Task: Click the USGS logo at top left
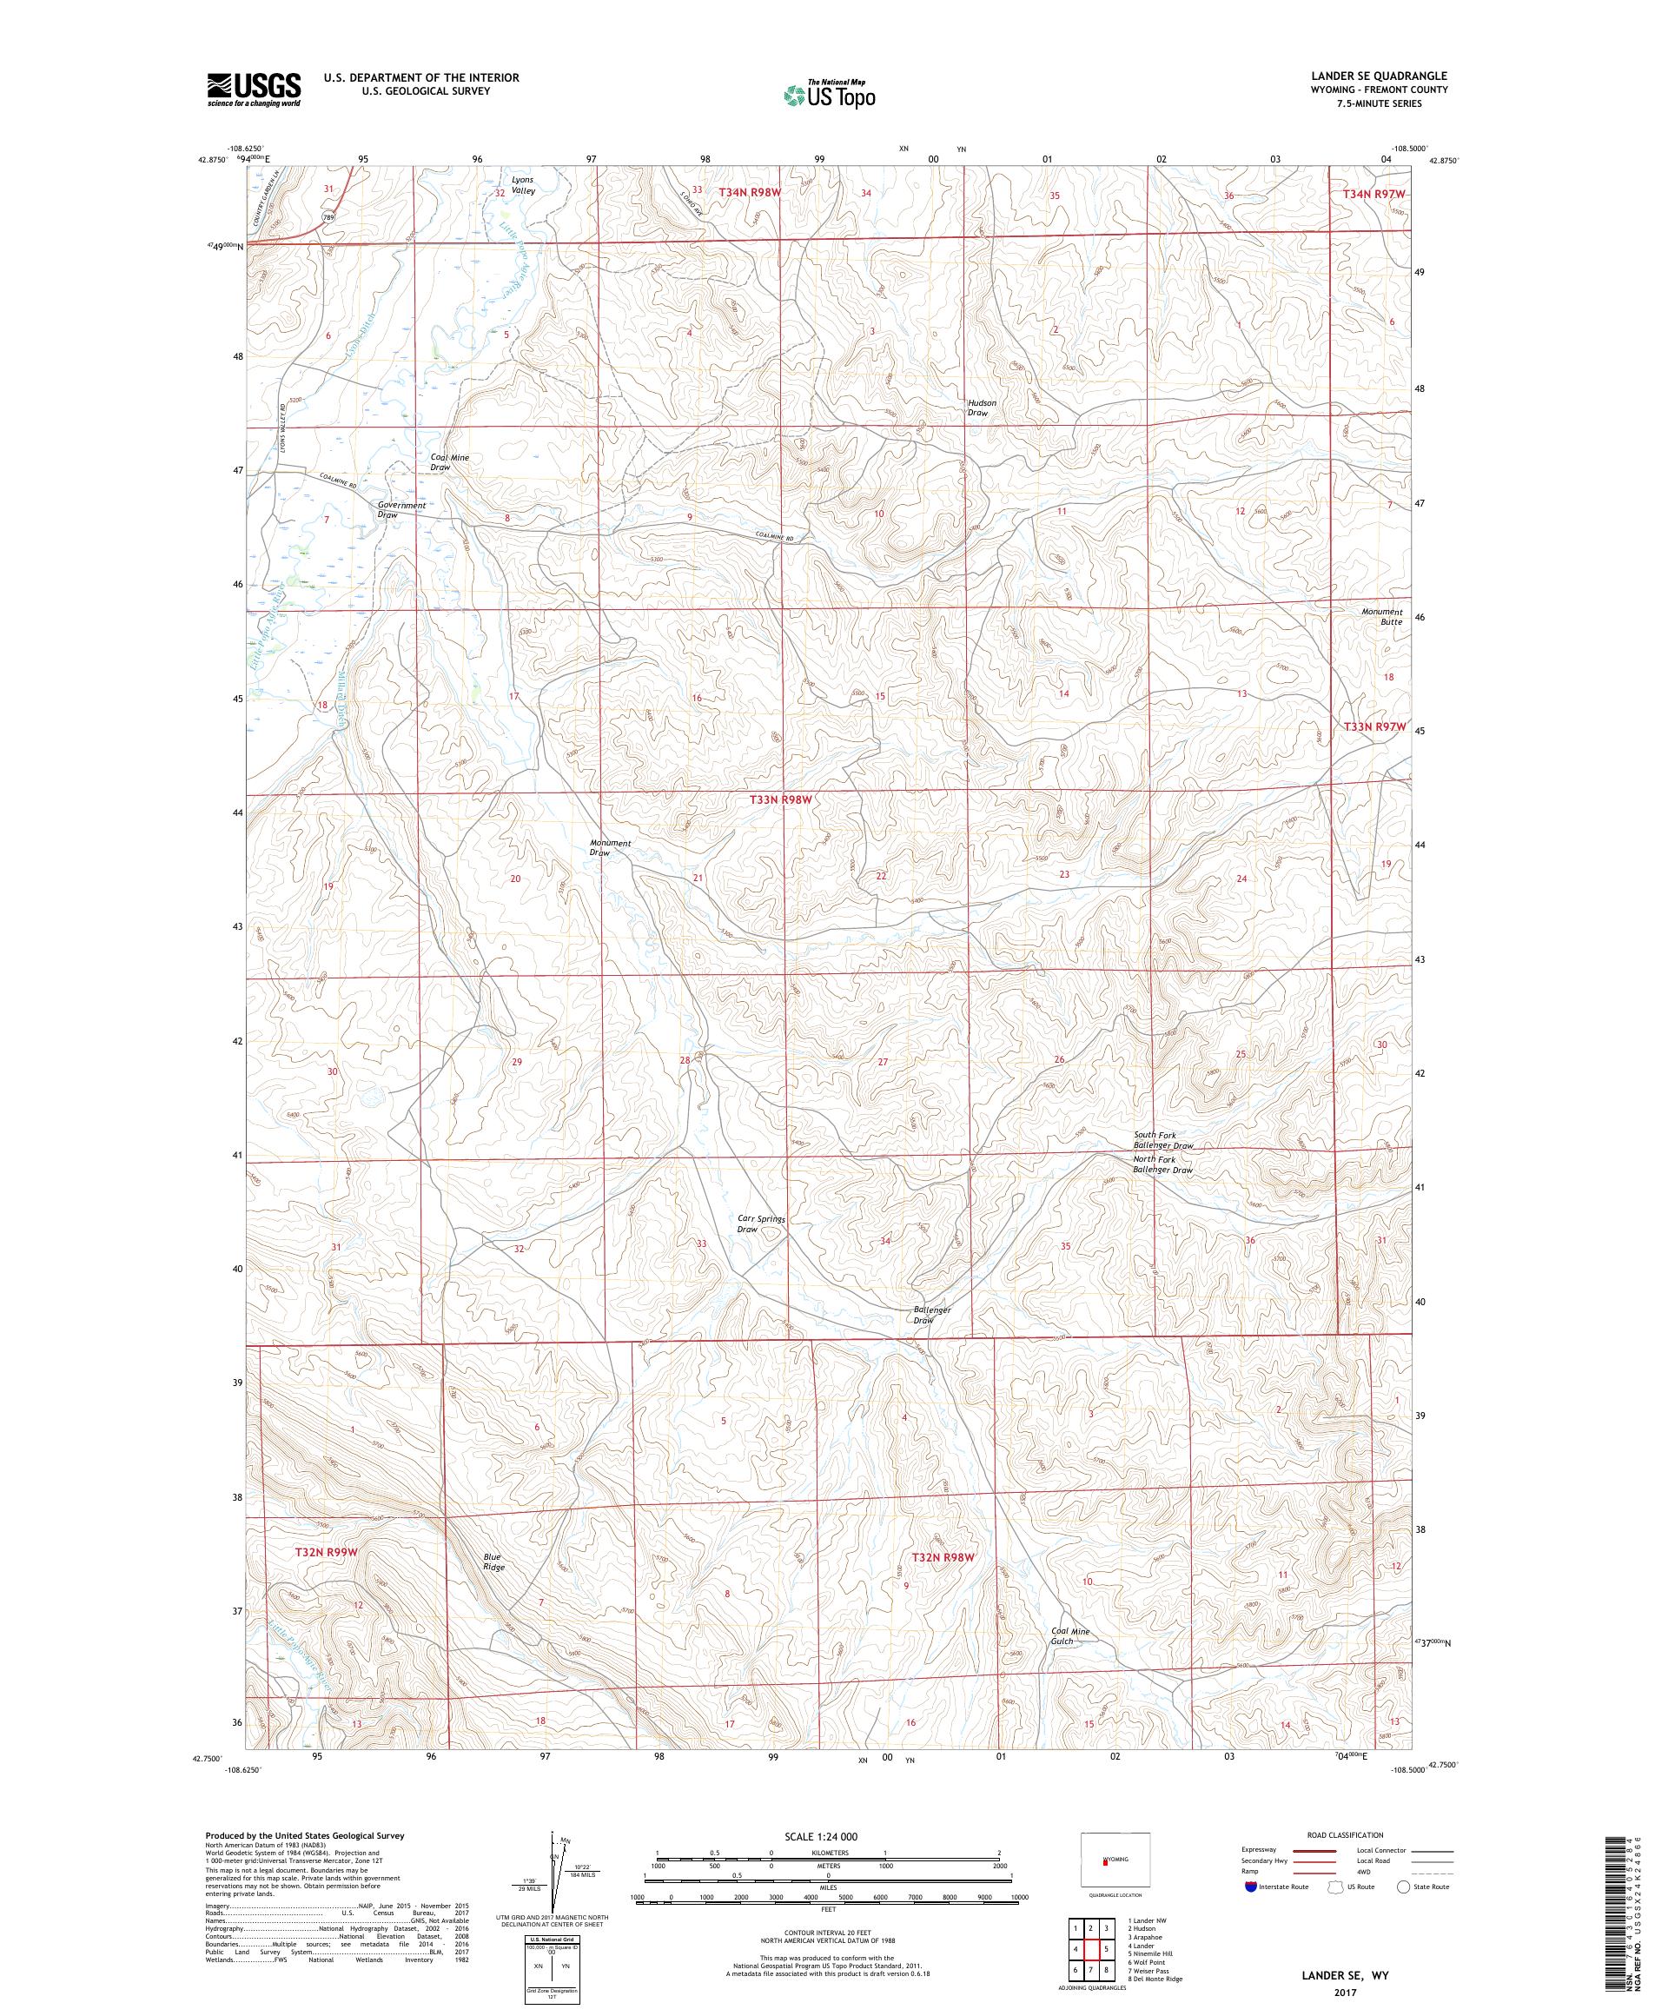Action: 254,90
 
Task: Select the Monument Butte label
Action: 1381,616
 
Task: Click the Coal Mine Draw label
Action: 450,461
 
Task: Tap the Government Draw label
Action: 401,510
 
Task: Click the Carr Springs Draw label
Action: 760,1224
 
